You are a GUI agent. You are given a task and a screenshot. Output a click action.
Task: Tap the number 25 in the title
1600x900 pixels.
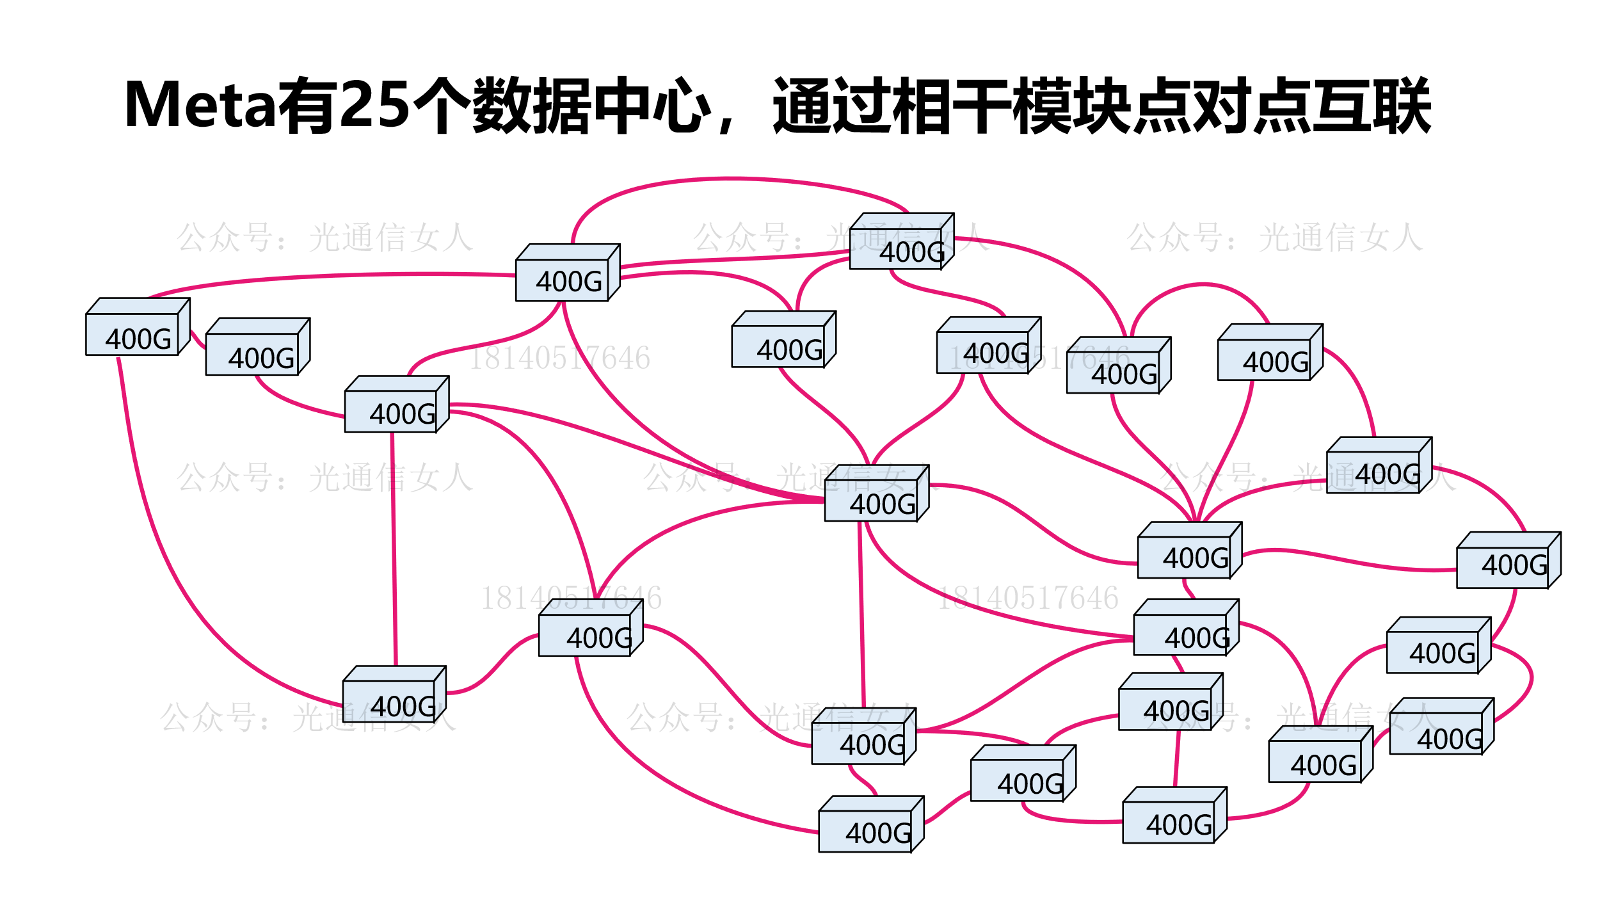374,105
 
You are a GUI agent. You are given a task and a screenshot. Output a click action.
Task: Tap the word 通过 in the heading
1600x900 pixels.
831,105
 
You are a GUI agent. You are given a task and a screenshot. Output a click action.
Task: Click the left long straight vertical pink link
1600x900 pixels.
394,550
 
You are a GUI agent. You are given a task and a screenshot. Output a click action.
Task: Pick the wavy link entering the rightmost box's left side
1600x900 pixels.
1344,560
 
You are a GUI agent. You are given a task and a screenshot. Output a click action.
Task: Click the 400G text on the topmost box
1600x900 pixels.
912,253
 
